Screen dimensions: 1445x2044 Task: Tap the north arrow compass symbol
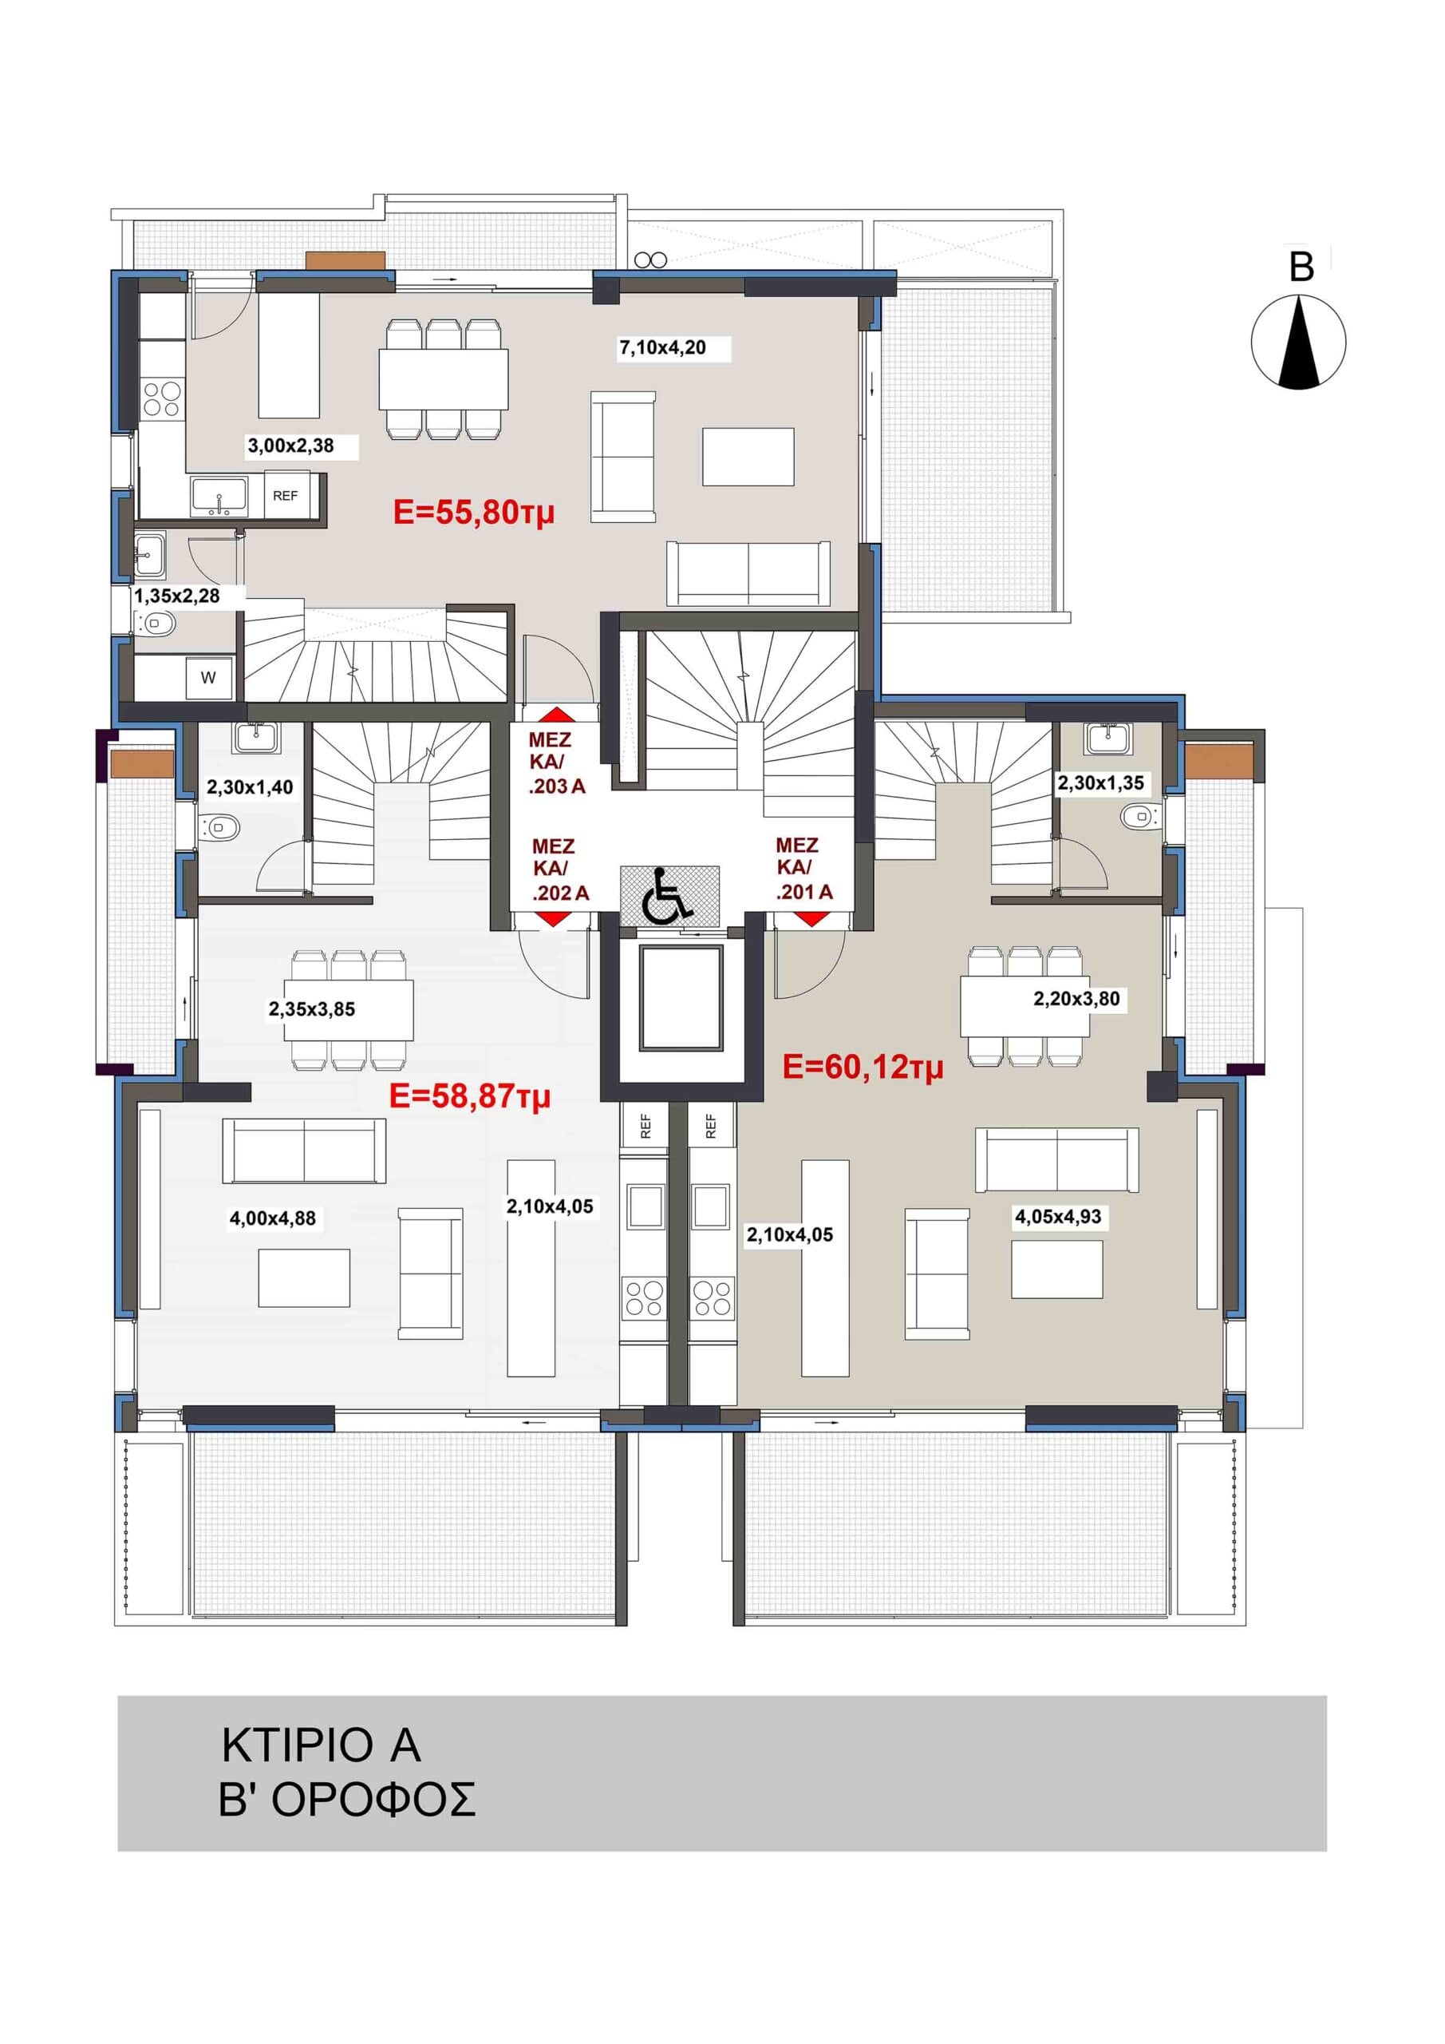[1298, 343]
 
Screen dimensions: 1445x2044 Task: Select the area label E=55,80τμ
[473, 513]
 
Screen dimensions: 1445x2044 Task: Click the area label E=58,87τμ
[470, 1096]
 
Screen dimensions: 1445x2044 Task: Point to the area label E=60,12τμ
[863, 1067]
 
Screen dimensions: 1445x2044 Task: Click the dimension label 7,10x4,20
[663, 348]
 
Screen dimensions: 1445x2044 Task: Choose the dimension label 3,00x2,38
[291, 446]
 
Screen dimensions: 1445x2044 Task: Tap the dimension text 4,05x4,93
[1059, 1217]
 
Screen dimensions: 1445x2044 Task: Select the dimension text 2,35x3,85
[312, 1009]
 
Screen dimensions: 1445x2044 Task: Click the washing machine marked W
[208, 678]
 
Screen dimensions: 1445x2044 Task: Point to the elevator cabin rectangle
[681, 999]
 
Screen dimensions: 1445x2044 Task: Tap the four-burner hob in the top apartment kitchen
[162, 399]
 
